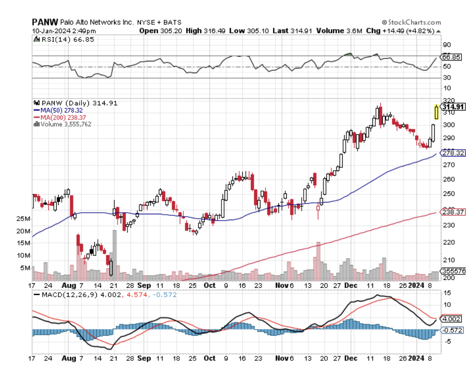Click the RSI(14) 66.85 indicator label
click(x=65, y=39)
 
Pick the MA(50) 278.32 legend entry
click(x=61, y=110)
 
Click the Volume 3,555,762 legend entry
click(x=64, y=124)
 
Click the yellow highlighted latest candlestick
click(x=436, y=112)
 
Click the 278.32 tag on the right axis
click(x=452, y=153)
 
